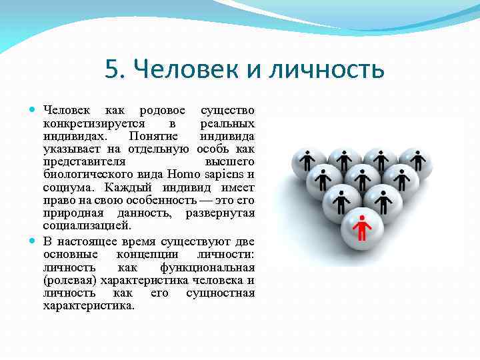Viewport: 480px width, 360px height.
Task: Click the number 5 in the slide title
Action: [112, 69]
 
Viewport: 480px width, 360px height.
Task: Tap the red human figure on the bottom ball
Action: [361, 227]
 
